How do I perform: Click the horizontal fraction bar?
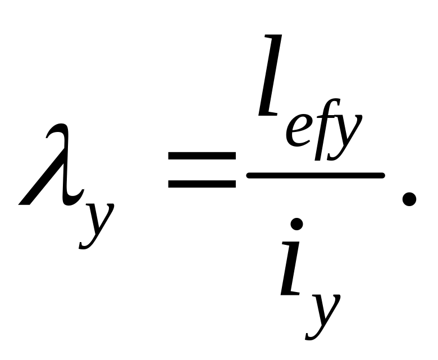point(314,175)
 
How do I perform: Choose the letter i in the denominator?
point(296,270)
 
